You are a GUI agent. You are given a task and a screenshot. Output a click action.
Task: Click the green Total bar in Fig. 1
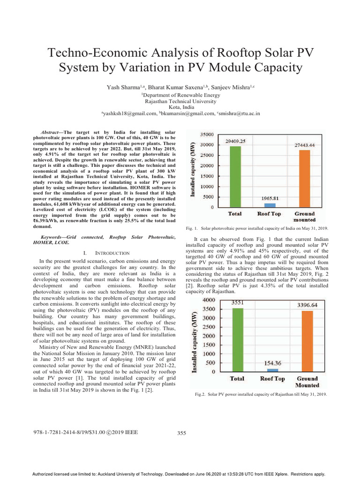click(x=234, y=176)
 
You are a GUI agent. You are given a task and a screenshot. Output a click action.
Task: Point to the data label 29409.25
click(x=236, y=141)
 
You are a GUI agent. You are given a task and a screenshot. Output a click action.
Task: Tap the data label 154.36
click(x=272, y=363)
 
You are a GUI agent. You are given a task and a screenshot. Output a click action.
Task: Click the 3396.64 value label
click(x=307, y=305)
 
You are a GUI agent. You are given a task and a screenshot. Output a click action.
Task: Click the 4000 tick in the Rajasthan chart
click(x=209, y=300)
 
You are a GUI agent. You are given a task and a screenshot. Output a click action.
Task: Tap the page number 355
click(x=181, y=433)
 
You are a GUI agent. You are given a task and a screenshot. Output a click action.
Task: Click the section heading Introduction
click(x=106, y=253)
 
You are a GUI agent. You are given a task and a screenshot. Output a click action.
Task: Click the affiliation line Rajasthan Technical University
click(x=180, y=101)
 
